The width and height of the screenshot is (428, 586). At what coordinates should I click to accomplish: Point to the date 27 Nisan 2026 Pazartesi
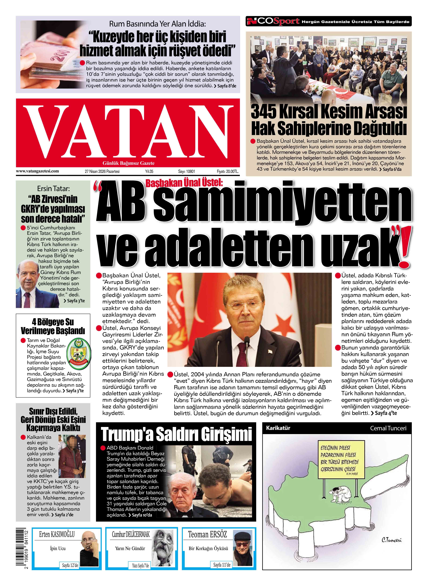[102, 171]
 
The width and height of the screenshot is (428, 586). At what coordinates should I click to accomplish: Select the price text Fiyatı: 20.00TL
[227, 171]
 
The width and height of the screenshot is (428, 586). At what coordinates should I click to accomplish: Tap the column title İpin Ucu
[58, 548]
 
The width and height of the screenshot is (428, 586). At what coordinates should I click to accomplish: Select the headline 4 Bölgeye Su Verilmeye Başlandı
[53, 326]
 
